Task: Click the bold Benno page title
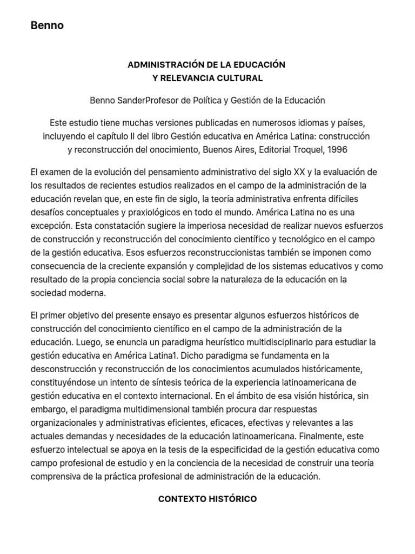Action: click(x=47, y=25)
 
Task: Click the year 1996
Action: click(x=337, y=149)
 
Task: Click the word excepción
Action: click(x=50, y=226)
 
